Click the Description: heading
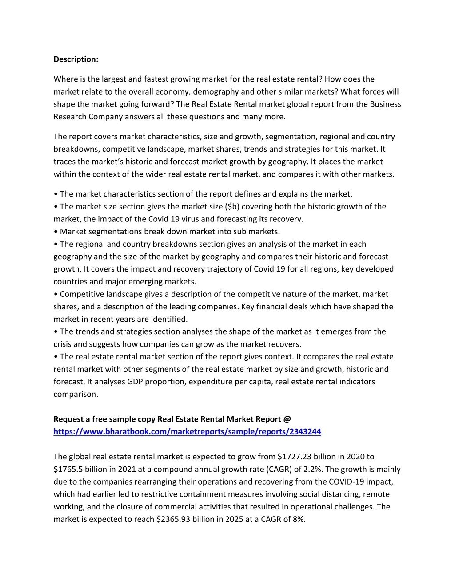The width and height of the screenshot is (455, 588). pos(76,59)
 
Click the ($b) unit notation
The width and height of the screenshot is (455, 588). pos(232,207)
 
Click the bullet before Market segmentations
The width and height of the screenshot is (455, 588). pos(56,232)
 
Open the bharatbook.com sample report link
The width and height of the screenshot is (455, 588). pos(187,432)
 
